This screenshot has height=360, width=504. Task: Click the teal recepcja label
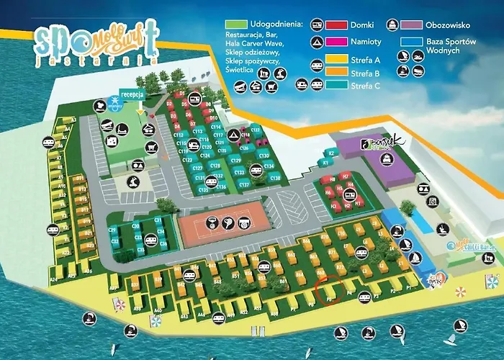tap(132, 94)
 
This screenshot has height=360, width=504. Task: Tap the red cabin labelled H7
tap(346, 176)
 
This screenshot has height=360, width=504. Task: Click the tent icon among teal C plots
tap(233, 135)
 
